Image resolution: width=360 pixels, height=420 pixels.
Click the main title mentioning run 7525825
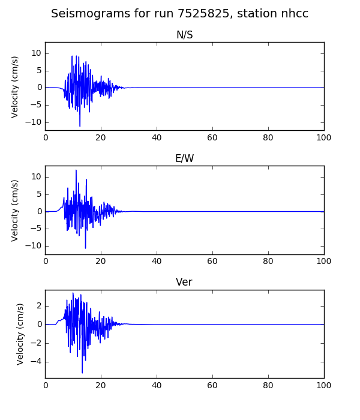click(179, 13)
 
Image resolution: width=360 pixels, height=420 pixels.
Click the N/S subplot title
click(185, 35)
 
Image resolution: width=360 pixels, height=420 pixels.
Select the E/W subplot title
click(185, 158)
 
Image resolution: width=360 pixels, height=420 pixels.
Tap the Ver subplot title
click(184, 282)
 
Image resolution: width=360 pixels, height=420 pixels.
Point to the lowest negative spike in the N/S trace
click(80, 126)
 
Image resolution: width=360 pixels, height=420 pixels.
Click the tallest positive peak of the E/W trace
click(76, 170)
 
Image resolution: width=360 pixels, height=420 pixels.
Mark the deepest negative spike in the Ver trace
click(82, 373)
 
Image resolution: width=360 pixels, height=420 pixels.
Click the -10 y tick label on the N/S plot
click(34, 122)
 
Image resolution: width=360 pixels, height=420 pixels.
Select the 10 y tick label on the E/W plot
click(37, 177)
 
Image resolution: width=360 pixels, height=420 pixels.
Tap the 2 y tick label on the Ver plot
click(40, 306)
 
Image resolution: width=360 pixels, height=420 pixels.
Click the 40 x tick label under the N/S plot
click(157, 137)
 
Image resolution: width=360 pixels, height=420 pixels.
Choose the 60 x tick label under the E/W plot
click(212, 261)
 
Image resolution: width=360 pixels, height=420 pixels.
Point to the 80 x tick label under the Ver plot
click(268, 385)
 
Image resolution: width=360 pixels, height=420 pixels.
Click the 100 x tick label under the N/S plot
click(324, 137)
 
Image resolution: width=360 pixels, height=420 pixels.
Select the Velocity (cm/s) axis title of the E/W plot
click(15, 211)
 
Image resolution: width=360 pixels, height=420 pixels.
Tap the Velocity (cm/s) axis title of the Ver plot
click(20, 334)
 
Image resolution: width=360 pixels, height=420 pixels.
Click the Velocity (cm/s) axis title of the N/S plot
click(15, 87)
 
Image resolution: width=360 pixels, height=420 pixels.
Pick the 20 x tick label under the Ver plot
click(101, 385)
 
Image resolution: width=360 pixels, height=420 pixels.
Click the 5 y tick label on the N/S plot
click(40, 71)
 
